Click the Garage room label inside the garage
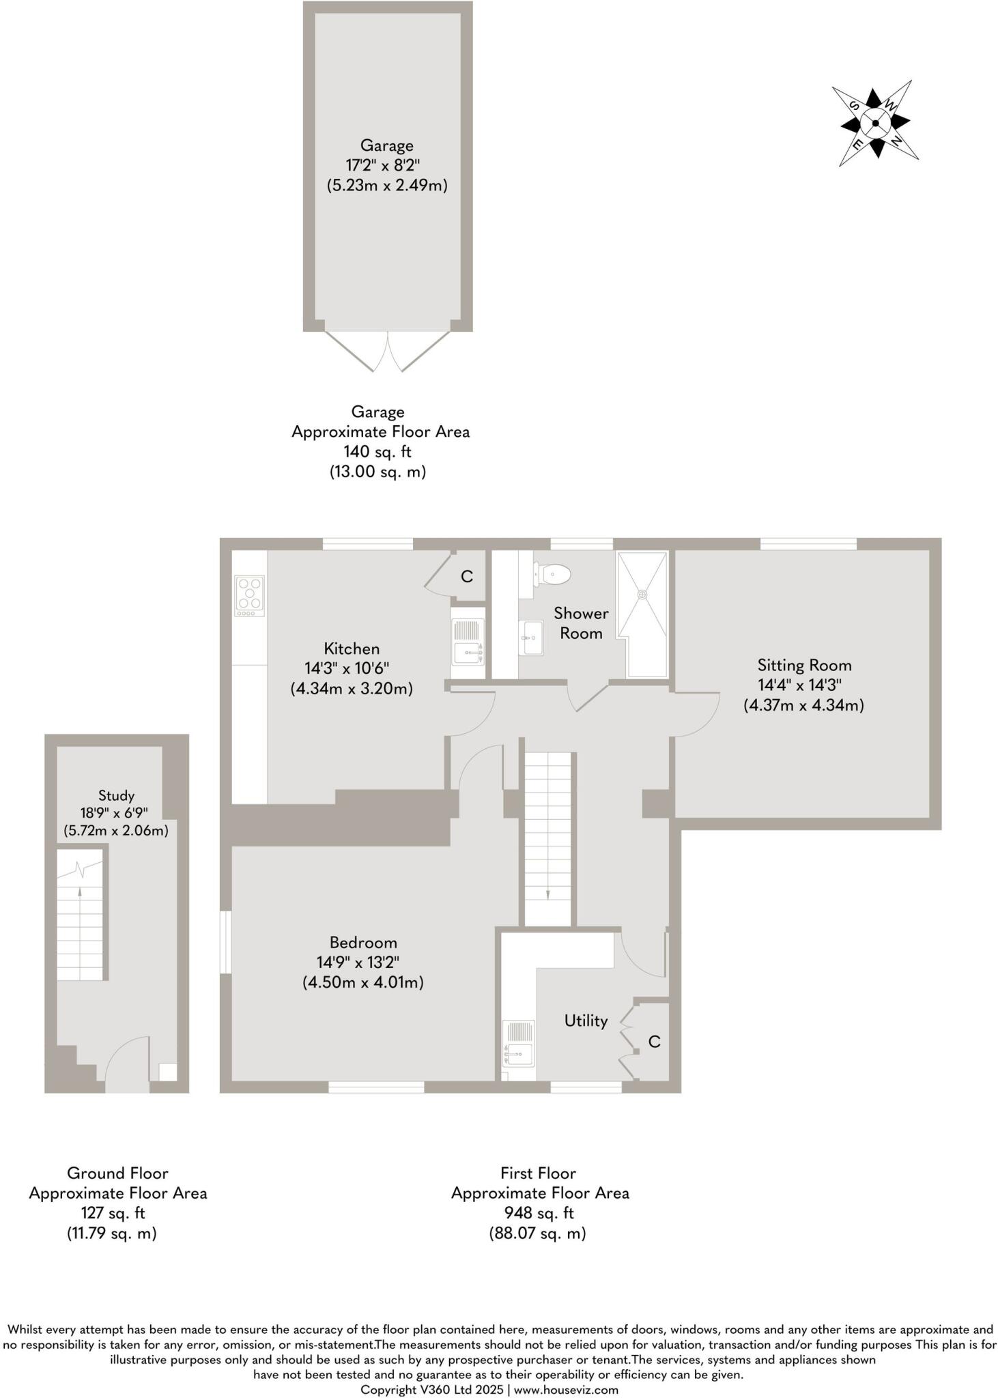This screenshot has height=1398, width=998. [386, 145]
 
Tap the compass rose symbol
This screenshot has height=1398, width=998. [875, 123]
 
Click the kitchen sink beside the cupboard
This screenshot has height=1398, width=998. [468, 642]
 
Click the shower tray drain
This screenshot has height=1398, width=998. [642, 595]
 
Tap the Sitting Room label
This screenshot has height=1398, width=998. [804, 665]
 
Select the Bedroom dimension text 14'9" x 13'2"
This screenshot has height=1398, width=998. [358, 962]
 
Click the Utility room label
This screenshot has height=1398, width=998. [586, 1021]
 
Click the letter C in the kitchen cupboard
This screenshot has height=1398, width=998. [467, 577]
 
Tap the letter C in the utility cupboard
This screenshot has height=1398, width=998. [654, 1042]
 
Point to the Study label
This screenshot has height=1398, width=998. [116, 795]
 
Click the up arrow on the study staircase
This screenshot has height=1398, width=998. [80, 891]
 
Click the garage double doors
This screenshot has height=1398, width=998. [388, 351]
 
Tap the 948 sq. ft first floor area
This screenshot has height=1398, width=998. [539, 1213]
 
